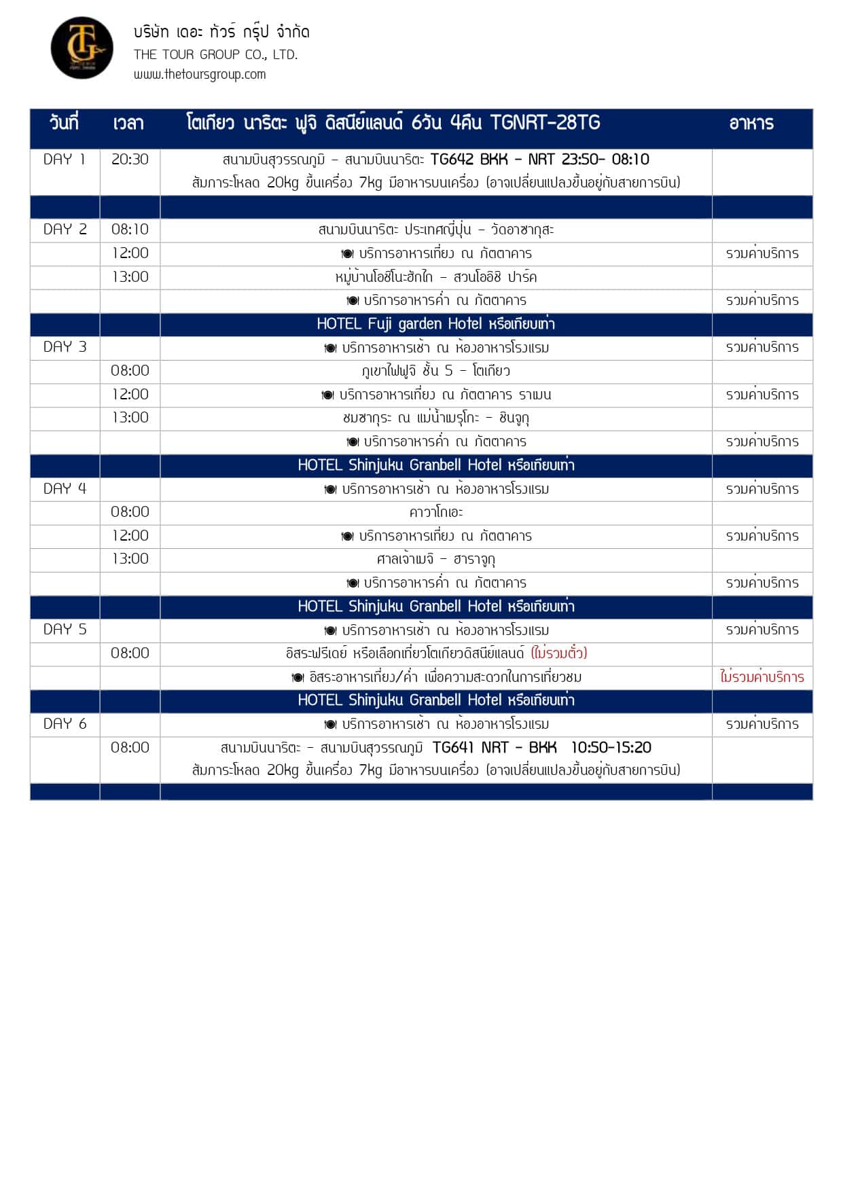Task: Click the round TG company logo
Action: pos(82,48)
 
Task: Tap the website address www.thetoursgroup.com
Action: pos(200,75)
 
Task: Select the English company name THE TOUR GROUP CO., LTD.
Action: pos(215,54)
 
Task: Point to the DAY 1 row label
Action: pos(65,160)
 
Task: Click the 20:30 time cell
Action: pos(130,160)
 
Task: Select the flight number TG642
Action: pos(452,160)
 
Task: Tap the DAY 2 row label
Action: pos(65,230)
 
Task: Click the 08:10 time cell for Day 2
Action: pos(130,230)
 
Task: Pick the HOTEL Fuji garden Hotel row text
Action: pos(435,324)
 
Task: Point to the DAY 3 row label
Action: pos(65,347)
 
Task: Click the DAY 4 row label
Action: pos(65,489)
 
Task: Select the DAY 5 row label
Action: pos(65,630)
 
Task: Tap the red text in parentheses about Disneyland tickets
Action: pos(559,653)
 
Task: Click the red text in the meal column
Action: pos(761,677)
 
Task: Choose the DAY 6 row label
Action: pos(65,724)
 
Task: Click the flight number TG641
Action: pos(452,748)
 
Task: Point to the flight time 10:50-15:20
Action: pos(611,748)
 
